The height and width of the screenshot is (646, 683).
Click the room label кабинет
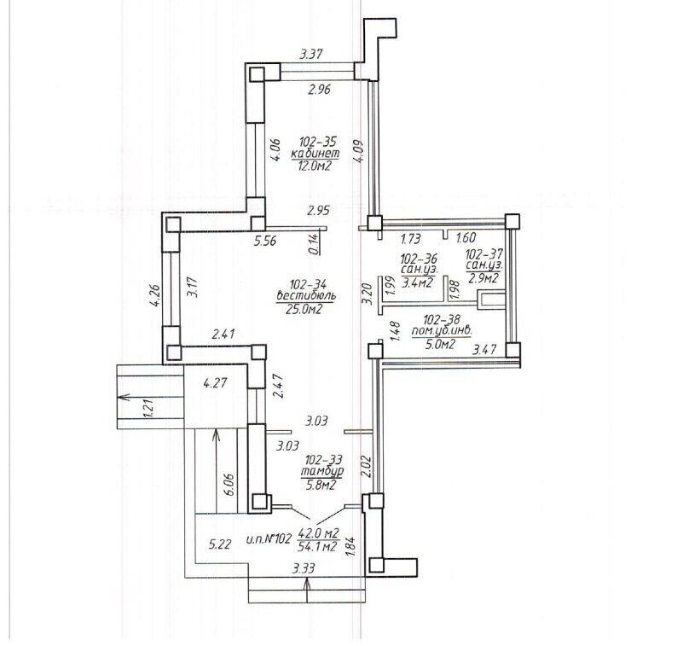(315, 154)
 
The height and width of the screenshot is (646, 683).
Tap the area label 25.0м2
(304, 309)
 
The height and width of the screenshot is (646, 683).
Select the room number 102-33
(324, 459)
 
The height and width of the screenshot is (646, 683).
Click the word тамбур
(322, 471)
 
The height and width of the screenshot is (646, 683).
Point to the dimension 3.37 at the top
(310, 54)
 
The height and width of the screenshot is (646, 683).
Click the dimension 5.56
(265, 240)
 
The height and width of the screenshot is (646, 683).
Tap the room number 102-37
(484, 253)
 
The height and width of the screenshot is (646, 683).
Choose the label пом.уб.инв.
(442, 331)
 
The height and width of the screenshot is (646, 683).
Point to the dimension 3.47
(484, 349)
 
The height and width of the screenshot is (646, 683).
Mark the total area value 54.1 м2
(317, 546)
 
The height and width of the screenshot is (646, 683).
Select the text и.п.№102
(269, 539)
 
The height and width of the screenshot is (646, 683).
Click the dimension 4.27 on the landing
(215, 383)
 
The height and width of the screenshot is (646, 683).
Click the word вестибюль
(306, 296)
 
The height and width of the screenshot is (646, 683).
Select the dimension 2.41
(223, 335)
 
